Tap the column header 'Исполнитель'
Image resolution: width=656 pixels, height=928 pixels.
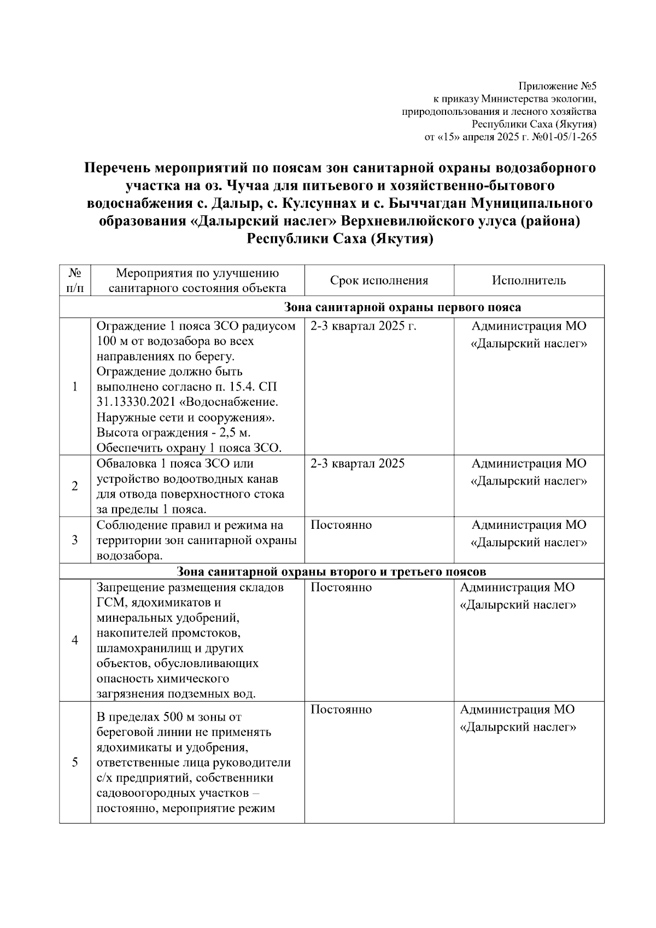(529, 281)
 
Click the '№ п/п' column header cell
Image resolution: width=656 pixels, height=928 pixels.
(75, 280)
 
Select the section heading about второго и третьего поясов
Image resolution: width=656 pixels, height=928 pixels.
(332, 572)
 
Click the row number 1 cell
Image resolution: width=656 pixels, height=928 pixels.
(75, 387)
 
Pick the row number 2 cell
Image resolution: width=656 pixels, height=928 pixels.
(75, 486)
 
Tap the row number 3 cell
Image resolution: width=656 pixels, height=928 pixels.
(75, 540)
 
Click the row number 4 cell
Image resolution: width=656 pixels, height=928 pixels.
(75, 640)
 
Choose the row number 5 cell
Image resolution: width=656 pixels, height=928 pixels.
(75, 762)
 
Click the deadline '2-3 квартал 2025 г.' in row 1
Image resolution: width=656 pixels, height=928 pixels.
(364, 326)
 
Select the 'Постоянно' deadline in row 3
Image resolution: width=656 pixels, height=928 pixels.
(341, 525)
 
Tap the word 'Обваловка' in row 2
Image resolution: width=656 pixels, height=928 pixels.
(126, 464)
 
